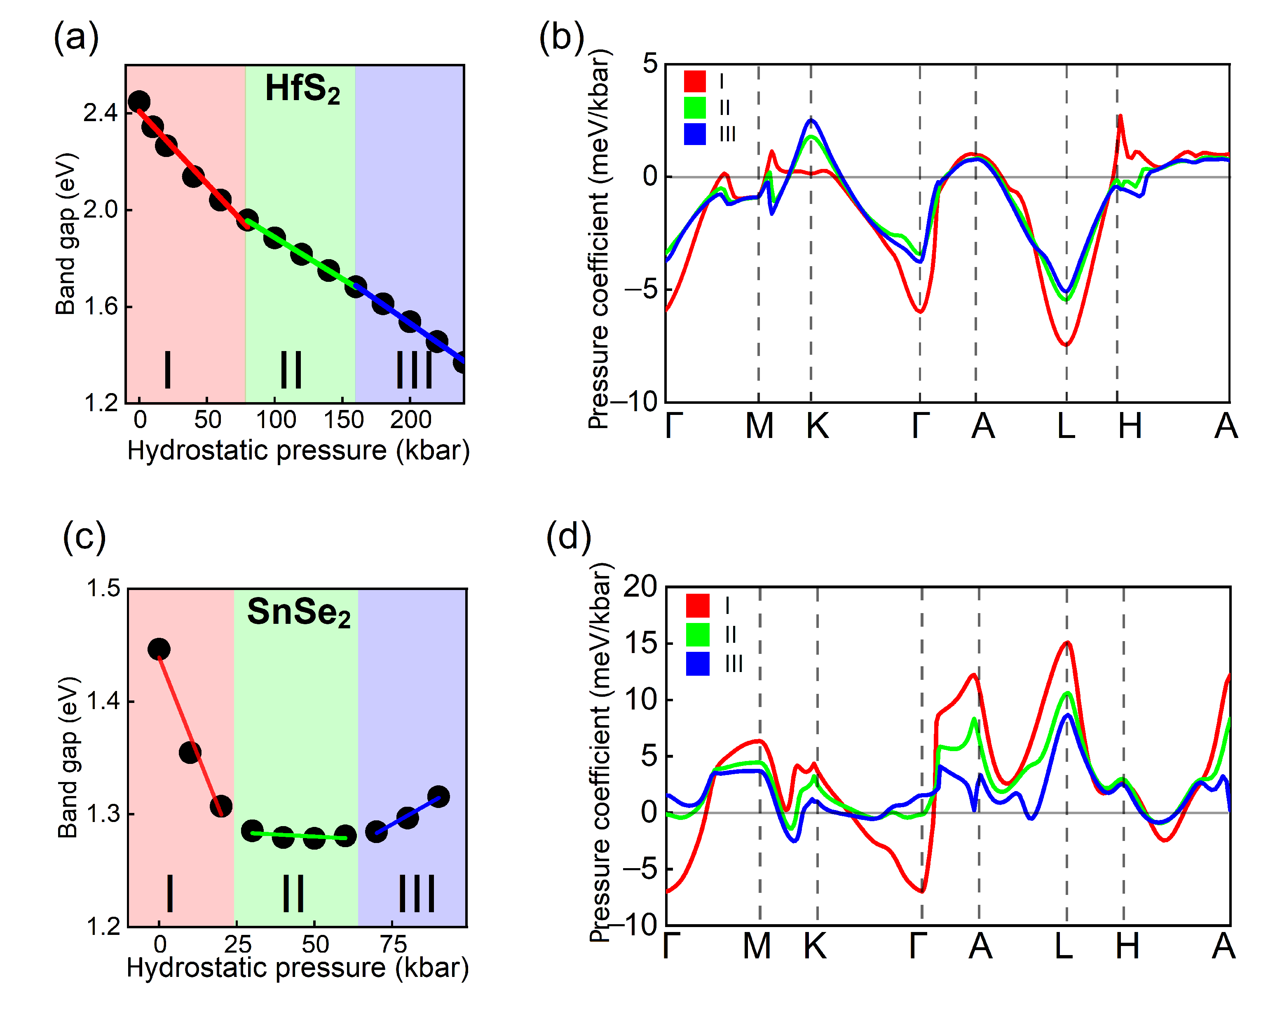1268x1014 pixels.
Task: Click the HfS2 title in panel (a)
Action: tap(302, 89)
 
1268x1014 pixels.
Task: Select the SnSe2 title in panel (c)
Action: tap(298, 613)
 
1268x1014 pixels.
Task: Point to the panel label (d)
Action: tap(568, 536)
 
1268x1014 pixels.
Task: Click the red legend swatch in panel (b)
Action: tap(694, 81)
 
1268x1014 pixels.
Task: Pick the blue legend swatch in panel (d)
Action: tap(698, 663)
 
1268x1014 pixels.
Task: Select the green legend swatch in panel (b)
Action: tap(694, 108)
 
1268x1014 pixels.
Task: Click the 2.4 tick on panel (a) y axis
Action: tap(101, 112)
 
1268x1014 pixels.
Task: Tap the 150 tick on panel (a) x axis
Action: tap(343, 420)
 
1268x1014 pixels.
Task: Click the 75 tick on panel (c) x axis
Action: tap(393, 945)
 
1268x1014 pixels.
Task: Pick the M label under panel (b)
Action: tap(759, 426)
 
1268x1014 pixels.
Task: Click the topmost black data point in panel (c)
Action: tap(159, 649)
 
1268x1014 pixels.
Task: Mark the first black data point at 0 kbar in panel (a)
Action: tap(139, 102)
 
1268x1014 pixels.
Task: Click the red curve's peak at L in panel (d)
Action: tap(1067, 643)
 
